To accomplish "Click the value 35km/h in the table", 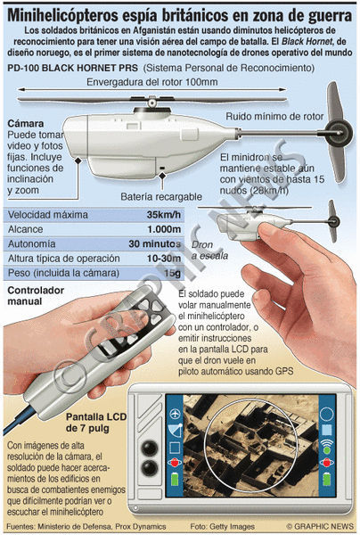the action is pos(164,215).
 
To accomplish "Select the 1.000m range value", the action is pos(164,229).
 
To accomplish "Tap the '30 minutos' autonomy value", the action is pos(155,243).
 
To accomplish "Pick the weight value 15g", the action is pos(172,273).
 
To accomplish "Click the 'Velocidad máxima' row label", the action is pos(48,215).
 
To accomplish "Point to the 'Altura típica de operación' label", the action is pos(64,259).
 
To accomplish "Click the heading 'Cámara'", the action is pos(26,123).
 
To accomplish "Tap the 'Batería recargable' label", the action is pos(161,196).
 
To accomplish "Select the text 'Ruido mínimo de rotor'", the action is pos(274,116).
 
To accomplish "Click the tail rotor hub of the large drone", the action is pos(338,132).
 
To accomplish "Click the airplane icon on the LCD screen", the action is pos(175,414).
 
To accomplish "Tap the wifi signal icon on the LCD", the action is pos(327,445).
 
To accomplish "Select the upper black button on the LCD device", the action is pos(150,448).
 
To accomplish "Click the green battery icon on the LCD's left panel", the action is pos(175,478).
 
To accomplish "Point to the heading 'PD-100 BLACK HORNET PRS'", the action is pos(72,68).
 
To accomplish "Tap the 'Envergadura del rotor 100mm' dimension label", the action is pos(152,82).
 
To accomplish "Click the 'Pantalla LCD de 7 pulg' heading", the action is pos(96,422).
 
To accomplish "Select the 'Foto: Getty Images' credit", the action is pos(223,526).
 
